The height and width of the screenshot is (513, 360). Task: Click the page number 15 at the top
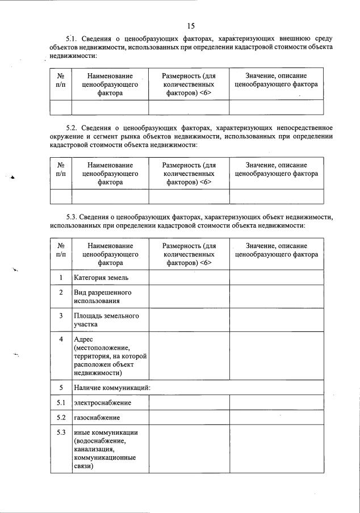click(190, 26)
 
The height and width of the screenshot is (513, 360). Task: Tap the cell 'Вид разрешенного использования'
click(102, 296)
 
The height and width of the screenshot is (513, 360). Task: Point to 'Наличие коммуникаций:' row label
click(112, 388)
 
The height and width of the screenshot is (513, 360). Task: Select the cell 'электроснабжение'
click(102, 403)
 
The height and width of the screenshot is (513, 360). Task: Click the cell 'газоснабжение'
click(97, 418)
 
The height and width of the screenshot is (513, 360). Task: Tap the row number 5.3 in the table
click(61, 432)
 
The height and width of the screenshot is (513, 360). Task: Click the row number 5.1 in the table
click(61, 403)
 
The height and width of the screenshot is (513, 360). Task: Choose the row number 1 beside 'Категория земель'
click(61, 277)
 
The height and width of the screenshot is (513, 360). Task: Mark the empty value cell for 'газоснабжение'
click(276, 418)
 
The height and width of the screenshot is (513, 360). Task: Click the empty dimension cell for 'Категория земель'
click(189, 277)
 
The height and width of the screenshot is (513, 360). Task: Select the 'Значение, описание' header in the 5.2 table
click(276, 165)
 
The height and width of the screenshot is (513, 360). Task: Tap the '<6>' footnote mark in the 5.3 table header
click(205, 263)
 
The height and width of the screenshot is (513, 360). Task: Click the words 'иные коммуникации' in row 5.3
click(106, 432)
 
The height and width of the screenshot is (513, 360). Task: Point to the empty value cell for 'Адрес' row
click(276, 356)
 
